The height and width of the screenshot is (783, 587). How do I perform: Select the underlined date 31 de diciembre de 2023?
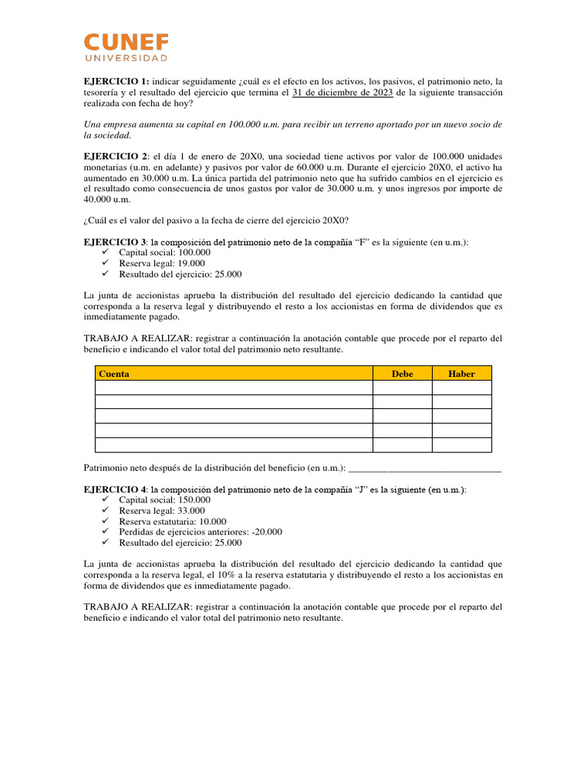coord(342,92)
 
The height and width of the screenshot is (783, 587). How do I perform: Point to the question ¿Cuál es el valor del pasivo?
coord(216,220)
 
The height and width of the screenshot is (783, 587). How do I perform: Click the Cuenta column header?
coord(114,374)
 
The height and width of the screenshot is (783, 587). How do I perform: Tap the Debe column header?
coord(402,374)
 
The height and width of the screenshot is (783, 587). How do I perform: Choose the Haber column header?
coord(462,374)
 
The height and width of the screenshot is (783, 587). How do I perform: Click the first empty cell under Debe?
coord(402,388)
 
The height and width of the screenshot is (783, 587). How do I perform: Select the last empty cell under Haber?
coord(462,445)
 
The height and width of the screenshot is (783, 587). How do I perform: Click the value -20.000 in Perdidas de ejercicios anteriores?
coord(267,532)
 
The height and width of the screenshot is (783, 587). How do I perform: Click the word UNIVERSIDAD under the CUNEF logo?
coord(126,58)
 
